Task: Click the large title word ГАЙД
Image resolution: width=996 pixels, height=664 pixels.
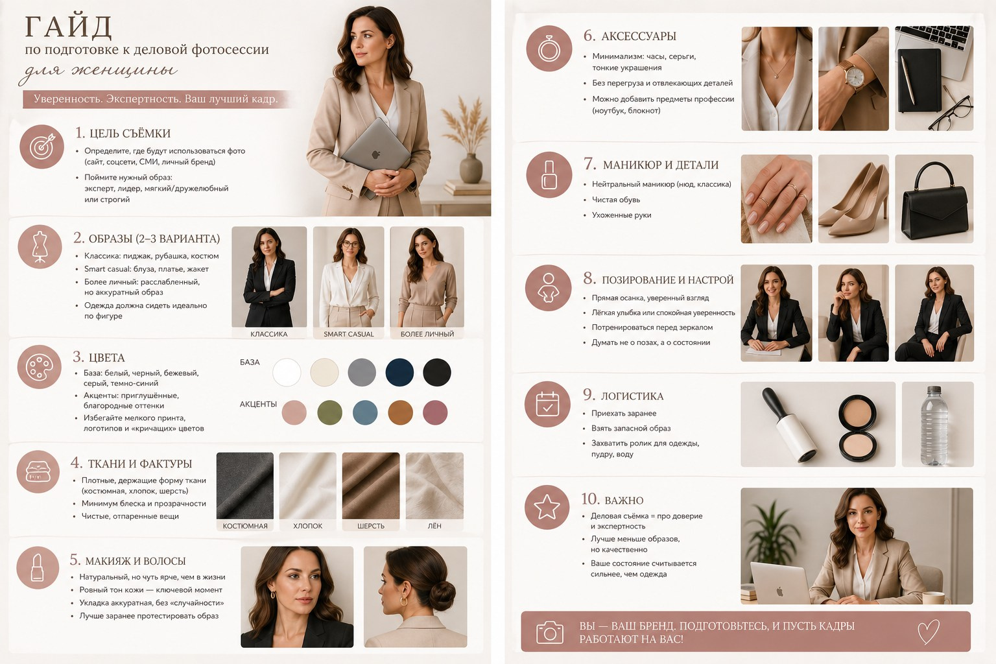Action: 68,27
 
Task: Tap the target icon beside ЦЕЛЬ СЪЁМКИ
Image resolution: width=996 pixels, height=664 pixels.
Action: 41,147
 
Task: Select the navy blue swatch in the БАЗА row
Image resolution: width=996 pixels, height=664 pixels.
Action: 399,372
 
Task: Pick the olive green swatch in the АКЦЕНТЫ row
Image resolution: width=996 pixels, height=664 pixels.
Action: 329,412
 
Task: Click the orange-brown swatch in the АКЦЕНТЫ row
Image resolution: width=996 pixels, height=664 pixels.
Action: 400,412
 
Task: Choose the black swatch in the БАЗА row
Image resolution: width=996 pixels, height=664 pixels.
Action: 436,372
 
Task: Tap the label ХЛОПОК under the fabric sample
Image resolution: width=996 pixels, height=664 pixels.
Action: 308,526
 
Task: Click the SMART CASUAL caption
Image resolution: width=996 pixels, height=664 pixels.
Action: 349,334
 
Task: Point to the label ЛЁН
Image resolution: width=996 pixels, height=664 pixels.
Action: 434,526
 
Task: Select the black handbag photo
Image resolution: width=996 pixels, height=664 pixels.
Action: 934,199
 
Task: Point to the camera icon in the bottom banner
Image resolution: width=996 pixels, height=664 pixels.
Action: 550,632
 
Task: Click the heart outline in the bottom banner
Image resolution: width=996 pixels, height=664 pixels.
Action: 929,632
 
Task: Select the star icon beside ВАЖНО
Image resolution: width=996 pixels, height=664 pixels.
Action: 547,507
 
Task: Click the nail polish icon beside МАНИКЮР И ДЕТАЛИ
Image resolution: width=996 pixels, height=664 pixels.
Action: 549,174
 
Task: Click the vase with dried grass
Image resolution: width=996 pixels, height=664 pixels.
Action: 471,168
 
